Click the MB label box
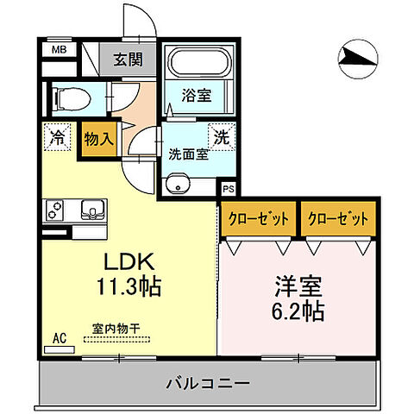coord(59,49)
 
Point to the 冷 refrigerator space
coord(57,136)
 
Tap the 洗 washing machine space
coord(222,137)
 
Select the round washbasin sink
coord(178,185)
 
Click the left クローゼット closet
coord(259,219)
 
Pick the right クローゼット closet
coord(338,219)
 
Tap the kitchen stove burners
coord(54,210)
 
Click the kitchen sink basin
coord(91,208)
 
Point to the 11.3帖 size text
coord(129,285)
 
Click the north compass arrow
coord(355,56)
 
